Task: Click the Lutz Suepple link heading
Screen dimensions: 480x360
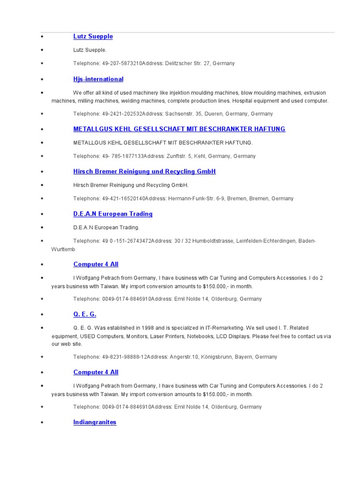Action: [x=93, y=37]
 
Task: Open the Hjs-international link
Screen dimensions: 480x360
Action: [x=98, y=79]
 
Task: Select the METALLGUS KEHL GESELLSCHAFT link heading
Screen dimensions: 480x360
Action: [x=179, y=129]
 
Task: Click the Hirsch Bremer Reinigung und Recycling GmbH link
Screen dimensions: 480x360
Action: [x=144, y=172]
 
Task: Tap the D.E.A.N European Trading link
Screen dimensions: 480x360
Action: [x=112, y=214]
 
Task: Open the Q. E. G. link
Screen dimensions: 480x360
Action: [x=84, y=314]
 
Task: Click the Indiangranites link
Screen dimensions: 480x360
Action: [x=95, y=422]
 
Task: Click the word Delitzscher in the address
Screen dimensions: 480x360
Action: [x=179, y=63]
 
